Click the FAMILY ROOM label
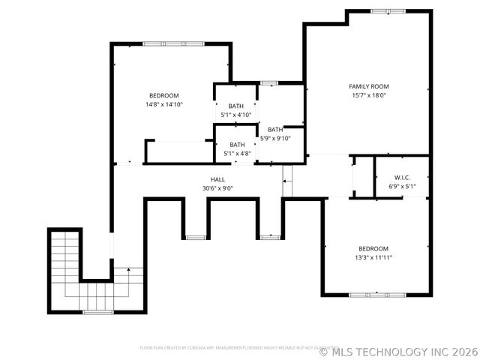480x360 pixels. coord(369,86)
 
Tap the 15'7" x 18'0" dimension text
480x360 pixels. coord(369,95)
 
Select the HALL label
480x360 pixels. coord(217,179)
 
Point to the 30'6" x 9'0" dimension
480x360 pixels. coord(217,188)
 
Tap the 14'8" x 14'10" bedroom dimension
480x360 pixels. coord(163,104)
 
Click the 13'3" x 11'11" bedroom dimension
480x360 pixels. coord(373,257)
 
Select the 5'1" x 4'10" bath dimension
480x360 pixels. coord(236,115)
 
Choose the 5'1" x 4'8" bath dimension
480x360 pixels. coord(237,154)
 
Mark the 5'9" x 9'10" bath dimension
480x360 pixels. coord(275,138)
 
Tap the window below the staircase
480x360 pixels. coord(97,311)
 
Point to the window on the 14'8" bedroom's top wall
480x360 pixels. coord(163,44)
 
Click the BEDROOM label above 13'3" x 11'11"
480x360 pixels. coord(373,248)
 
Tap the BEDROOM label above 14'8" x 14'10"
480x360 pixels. coord(163,95)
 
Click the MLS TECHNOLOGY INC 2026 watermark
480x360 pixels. coord(397,350)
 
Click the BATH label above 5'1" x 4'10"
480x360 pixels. coord(236,106)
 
